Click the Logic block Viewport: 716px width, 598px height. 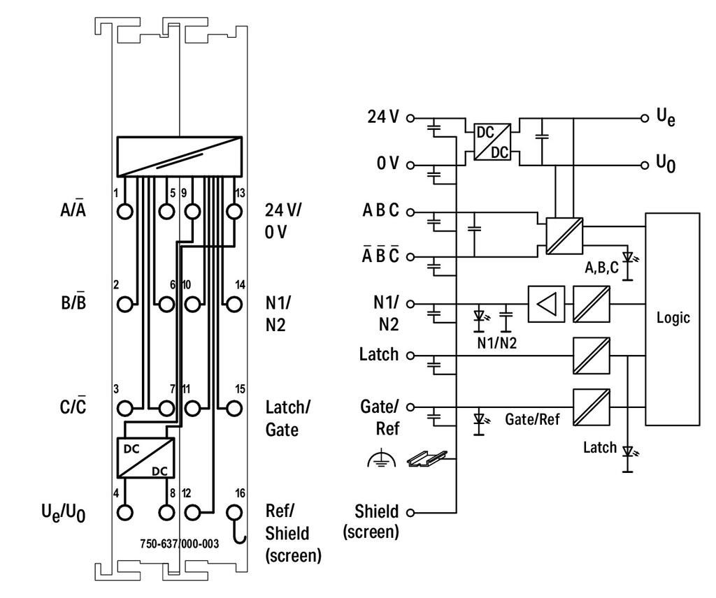click(x=672, y=319)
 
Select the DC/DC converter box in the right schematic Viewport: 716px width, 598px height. click(x=492, y=142)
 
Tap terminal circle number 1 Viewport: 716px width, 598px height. click(x=124, y=212)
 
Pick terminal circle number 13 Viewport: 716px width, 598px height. click(x=234, y=212)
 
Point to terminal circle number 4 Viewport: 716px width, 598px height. click(x=124, y=512)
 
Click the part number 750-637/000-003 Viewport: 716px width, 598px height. click(x=180, y=544)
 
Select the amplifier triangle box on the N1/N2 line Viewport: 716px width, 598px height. click(x=546, y=304)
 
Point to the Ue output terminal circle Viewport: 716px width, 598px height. click(x=645, y=119)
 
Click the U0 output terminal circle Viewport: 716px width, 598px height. click(x=645, y=165)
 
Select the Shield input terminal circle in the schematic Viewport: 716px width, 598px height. click(x=410, y=513)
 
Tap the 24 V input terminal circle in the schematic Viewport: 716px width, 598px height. click(x=410, y=119)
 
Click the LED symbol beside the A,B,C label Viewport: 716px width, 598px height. click(x=629, y=265)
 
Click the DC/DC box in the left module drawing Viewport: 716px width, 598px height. click(x=146, y=458)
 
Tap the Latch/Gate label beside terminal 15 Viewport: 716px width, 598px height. click(x=287, y=418)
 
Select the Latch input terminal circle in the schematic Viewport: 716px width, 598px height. click(x=410, y=356)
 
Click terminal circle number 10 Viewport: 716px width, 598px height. click(x=192, y=305)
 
